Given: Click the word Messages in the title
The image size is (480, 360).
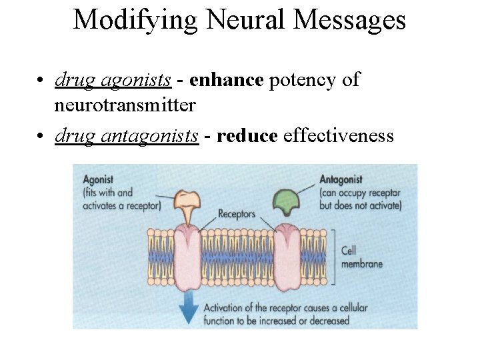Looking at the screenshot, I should coord(350,20).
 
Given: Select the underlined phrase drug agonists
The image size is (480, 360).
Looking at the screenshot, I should coord(113,80).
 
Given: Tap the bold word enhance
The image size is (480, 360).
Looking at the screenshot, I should coord(226,80).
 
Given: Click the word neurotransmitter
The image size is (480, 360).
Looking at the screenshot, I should coord(125,105).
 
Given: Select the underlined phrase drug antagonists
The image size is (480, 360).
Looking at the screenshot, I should coord(127,136).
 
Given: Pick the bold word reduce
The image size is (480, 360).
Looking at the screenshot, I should coord(247,136).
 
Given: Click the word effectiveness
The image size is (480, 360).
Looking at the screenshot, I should coord(338,136).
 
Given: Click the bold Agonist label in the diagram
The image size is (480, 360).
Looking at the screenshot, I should coord(98,179).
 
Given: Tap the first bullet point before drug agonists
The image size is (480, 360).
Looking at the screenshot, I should coord(41,81).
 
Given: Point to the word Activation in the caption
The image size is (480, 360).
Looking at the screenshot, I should coord(226,308).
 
